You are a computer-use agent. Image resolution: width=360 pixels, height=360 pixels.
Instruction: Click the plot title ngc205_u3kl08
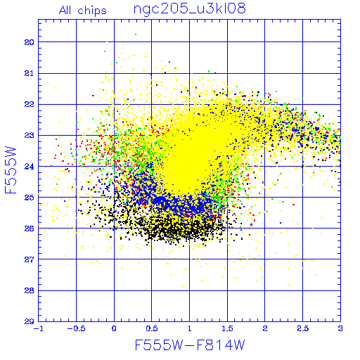coord(189,9)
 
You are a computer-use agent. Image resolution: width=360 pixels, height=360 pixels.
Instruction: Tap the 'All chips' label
coord(83,11)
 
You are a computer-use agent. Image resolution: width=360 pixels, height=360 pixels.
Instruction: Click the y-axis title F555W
coord(11,170)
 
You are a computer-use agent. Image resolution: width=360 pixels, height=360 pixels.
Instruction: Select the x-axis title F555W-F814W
coord(190,345)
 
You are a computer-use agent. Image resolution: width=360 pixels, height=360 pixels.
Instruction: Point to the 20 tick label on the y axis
coord(29,42)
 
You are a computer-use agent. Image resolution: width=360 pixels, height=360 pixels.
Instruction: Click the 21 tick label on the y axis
coord(29,73)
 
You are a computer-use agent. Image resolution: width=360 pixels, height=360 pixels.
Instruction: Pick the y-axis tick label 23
coord(29,135)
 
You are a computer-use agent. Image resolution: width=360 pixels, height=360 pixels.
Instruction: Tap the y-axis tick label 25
coord(29,198)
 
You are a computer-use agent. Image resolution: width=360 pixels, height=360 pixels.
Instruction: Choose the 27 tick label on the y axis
coord(29,259)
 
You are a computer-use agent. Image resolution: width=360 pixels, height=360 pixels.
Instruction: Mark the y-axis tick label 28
coord(29,290)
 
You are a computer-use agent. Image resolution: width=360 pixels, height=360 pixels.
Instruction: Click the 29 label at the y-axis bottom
coord(29,321)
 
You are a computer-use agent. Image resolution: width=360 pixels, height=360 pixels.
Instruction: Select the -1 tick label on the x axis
coord(37,328)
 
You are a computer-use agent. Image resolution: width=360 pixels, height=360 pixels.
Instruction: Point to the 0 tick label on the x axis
coord(114,328)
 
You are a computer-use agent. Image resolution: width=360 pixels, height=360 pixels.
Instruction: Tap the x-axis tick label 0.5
coord(152,328)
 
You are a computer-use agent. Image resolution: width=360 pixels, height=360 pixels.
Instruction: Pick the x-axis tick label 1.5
coord(227,328)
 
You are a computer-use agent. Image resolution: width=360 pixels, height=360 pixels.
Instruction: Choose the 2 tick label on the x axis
coord(265,328)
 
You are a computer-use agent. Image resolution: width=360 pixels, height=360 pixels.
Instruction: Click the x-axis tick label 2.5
coord(303,328)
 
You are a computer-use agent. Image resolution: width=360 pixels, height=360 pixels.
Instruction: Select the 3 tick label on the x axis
coord(340,328)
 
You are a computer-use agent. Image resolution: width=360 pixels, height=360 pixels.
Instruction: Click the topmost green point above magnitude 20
coord(136,34)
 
